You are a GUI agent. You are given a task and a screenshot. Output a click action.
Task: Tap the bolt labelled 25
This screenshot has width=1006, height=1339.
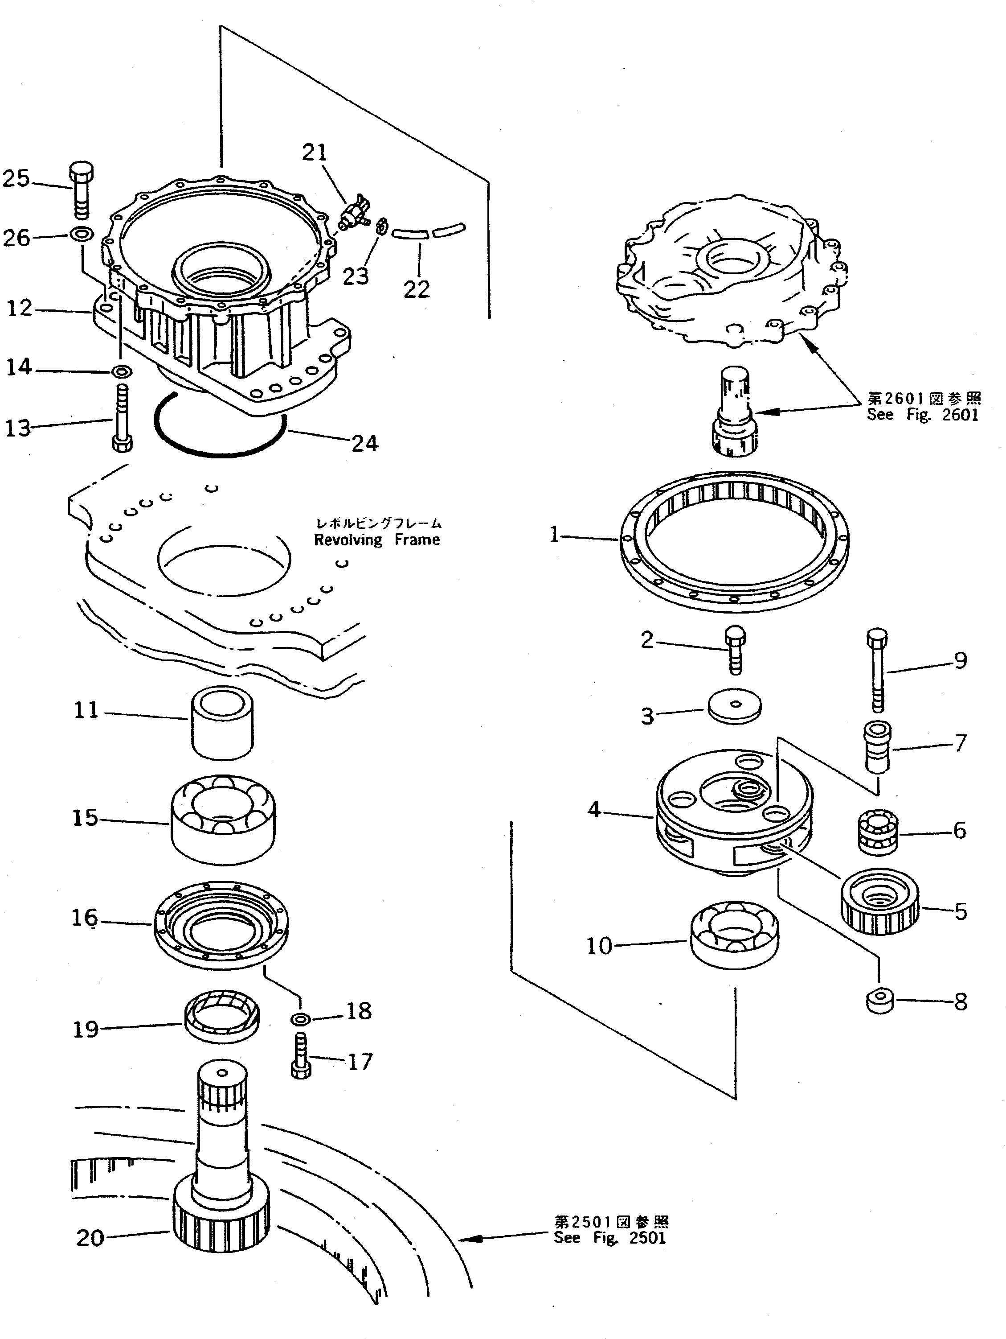pyautogui.click(x=82, y=190)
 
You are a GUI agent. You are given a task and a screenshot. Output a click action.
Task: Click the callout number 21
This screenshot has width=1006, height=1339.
pyautogui.click(x=315, y=152)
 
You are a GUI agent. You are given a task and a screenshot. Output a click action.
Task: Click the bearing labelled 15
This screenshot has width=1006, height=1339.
pyautogui.click(x=223, y=818)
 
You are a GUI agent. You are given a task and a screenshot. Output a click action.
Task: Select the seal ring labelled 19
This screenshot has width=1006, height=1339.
pyautogui.click(x=221, y=1020)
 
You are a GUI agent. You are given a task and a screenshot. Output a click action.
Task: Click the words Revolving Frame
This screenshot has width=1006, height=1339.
pyautogui.click(x=377, y=540)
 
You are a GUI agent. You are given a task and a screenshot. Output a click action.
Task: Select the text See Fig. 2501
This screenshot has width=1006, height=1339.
pyautogui.click(x=610, y=1237)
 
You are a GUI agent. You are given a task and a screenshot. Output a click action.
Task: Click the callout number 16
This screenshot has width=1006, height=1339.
pyautogui.click(x=85, y=918)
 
